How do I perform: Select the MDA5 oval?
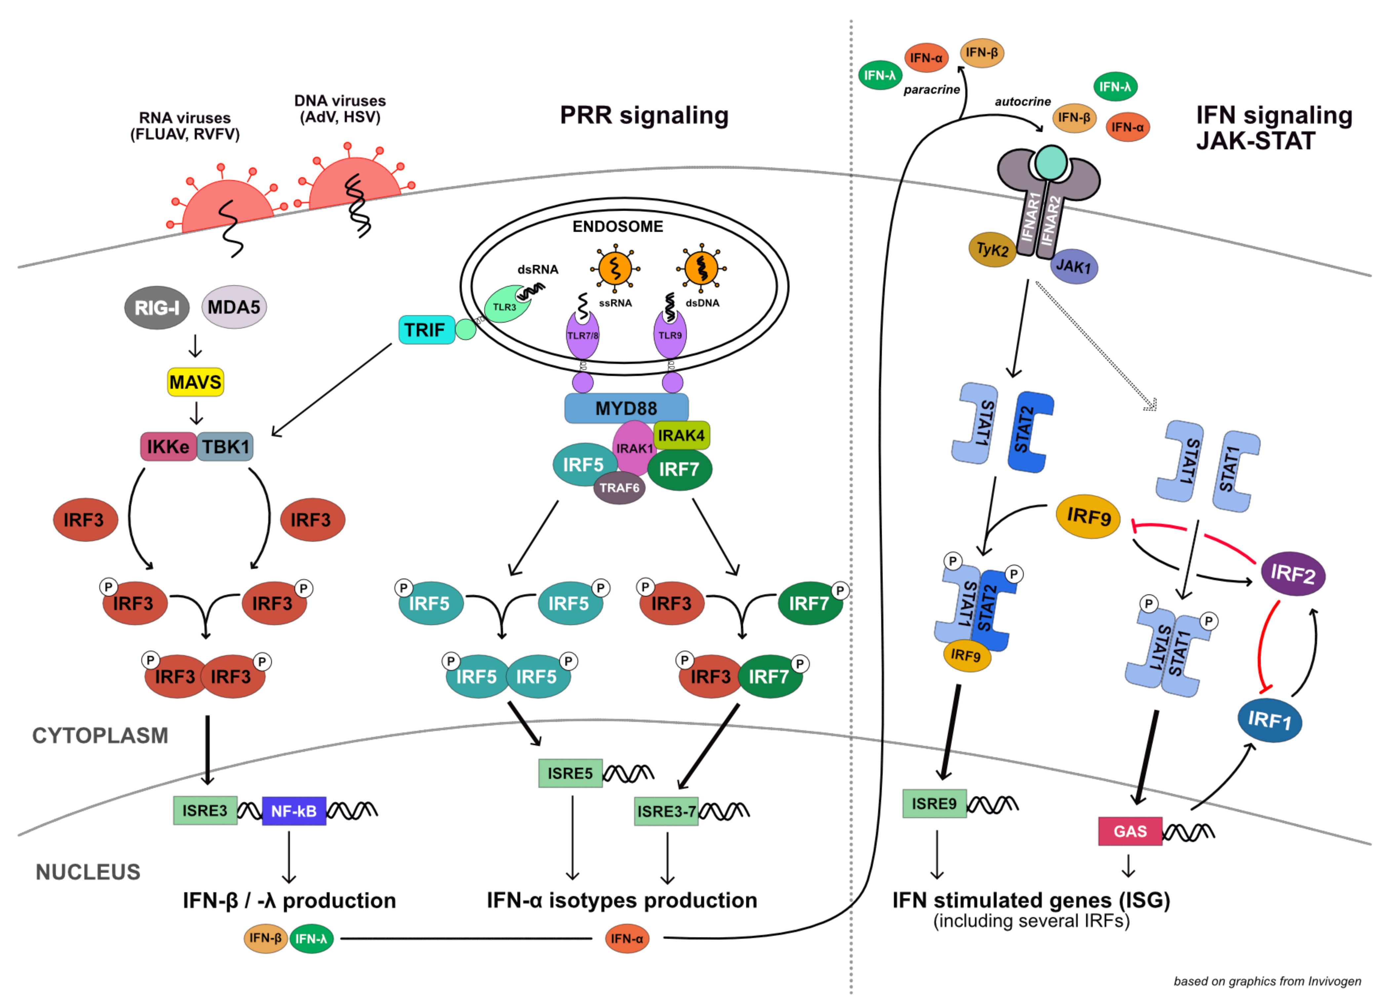click(x=234, y=307)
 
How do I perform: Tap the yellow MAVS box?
click(x=196, y=382)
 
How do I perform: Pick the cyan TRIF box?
click(x=427, y=330)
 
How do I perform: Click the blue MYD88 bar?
click(x=627, y=408)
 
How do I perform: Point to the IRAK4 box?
click(x=681, y=435)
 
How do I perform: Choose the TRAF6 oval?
click(x=619, y=487)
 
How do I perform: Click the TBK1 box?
click(x=225, y=447)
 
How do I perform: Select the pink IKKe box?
click(x=168, y=447)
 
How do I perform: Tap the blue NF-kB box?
click(x=294, y=811)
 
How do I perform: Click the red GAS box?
click(x=1130, y=831)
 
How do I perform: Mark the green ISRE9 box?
click(x=934, y=804)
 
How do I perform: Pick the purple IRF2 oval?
click(x=1292, y=573)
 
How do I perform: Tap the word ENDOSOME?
click(x=618, y=227)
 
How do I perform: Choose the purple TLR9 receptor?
click(x=670, y=334)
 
